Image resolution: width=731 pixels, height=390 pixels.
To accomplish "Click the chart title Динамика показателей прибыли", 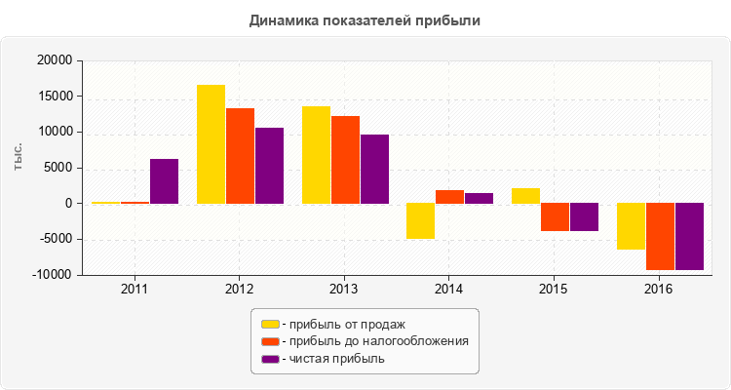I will (x=365, y=19).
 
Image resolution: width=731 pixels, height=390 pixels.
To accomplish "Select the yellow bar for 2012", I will (x=211, y=144).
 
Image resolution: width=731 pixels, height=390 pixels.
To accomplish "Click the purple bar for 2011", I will (x=164, y=181).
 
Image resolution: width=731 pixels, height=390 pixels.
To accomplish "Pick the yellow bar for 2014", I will (x=420, y=220).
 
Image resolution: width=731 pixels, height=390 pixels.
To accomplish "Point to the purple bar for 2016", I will (x=689, y=236).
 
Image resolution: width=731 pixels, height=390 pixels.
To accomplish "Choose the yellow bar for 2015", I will (x=525, y=196).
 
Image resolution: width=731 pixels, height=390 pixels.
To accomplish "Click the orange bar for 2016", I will (x=660, y=236).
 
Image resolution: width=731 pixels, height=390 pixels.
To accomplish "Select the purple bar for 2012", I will (x=269, y=166).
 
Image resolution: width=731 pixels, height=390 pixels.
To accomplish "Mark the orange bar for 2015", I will (x=555, y=216).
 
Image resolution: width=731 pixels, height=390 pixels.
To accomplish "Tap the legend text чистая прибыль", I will (x=336, y=359).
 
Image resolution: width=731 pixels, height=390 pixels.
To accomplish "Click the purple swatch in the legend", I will (x=270, y=359).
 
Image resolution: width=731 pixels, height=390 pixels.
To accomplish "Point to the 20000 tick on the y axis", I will (x=55, y=60).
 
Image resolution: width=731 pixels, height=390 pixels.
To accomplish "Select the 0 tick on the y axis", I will (x=68, y=204).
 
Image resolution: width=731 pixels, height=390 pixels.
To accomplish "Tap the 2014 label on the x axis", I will (x=448, y=290).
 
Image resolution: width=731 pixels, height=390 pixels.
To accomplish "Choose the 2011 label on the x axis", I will (x=135, y=290).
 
